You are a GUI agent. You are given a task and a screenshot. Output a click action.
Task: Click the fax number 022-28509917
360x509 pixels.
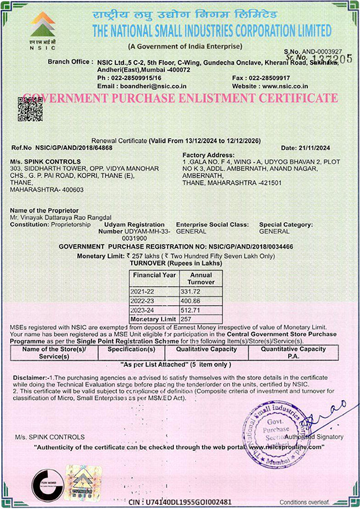[x=269, y=77]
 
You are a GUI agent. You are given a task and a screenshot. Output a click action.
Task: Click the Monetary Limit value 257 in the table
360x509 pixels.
[x=187, y=318]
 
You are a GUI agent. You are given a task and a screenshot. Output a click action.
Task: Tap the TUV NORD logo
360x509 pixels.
[x=47, y=482]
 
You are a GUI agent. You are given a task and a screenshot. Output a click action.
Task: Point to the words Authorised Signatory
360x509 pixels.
[x=313, y=437]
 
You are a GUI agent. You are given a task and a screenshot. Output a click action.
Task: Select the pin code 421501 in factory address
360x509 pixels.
[x=269, y=182]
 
